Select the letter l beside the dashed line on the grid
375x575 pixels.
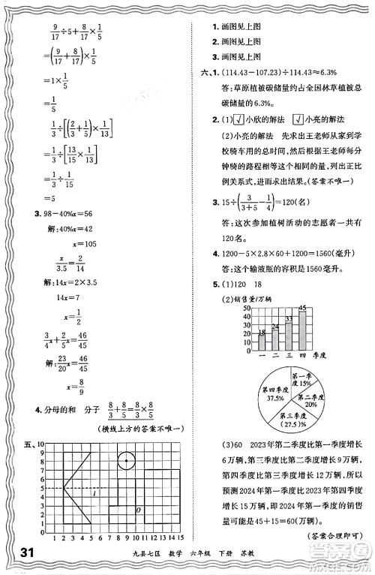click(93, 492)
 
